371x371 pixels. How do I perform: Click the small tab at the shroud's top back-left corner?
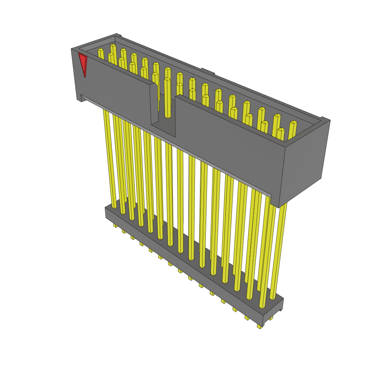coord(118,36)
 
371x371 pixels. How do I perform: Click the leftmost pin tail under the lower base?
coord(115,226)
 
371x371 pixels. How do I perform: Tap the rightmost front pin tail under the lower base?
coord(259,326)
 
